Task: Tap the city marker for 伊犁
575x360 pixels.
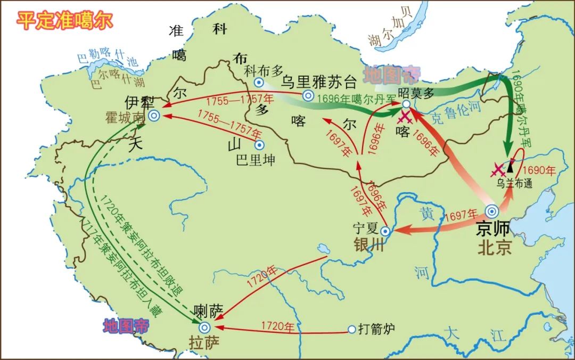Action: [x=154, y=116]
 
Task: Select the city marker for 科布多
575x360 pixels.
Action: [x=259, y=82]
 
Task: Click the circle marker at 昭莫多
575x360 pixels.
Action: [x=406, y=104]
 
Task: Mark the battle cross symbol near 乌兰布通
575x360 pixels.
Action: [x=498, y=169]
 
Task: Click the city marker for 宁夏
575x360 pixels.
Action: [x=384, y=231]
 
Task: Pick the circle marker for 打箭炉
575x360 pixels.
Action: [x=351, y=330]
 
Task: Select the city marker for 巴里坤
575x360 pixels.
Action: [x=259, y=145]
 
